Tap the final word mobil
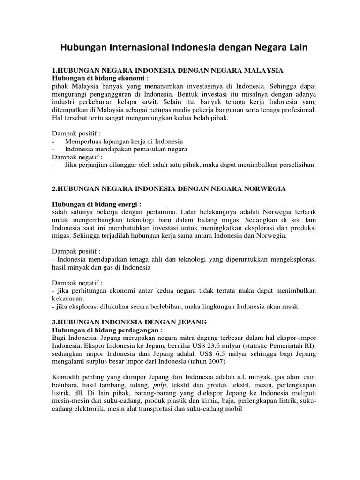coord(232,410)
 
